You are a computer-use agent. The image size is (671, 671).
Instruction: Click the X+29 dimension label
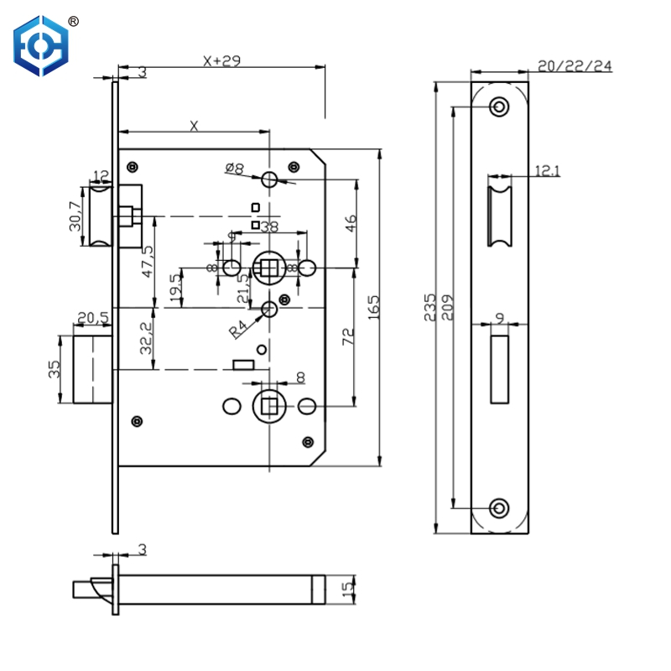tap(221, 60)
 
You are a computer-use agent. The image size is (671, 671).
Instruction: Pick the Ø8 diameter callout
tap(234, 169)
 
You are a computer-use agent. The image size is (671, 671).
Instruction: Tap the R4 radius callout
tap(238, 327)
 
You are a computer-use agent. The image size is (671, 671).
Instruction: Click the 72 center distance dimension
tap(349, 337)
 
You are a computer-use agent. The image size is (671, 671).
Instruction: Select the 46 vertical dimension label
tap(351, 224)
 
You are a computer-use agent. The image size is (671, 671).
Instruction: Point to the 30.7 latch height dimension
tap(75, 216)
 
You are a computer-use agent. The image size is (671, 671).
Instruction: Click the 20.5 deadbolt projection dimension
tap(92, 318)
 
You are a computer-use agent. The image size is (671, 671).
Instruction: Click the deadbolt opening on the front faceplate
tap(500, 366)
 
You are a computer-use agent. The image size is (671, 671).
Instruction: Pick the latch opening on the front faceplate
tap(500, 216)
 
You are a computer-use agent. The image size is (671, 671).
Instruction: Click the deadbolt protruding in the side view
tap(92, 369)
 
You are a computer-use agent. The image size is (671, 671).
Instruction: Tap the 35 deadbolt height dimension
tap(54, 369)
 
